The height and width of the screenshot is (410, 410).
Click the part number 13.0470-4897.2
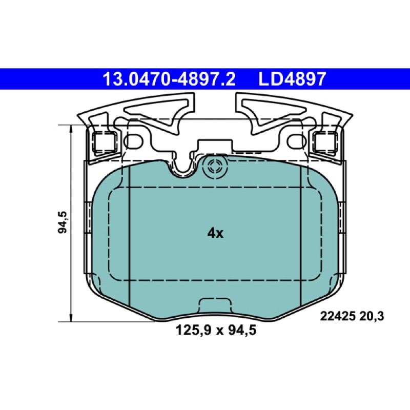[x=169, y=79]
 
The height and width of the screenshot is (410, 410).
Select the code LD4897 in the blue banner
[x=292, y=79]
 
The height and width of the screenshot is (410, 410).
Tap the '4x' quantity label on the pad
[x=215, y=233]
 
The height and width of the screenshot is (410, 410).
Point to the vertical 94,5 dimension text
[x=63, y=222]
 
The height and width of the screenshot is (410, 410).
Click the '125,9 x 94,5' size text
[x=216, y=330]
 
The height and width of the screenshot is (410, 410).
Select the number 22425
[x=338, y=316]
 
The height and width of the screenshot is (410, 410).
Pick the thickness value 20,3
[x=372, y=316]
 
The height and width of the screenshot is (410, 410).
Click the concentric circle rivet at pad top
[x=215, y=167]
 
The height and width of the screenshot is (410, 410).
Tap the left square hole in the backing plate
[x=105, y=142]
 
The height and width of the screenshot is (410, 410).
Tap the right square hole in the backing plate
[x=325, y=142]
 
